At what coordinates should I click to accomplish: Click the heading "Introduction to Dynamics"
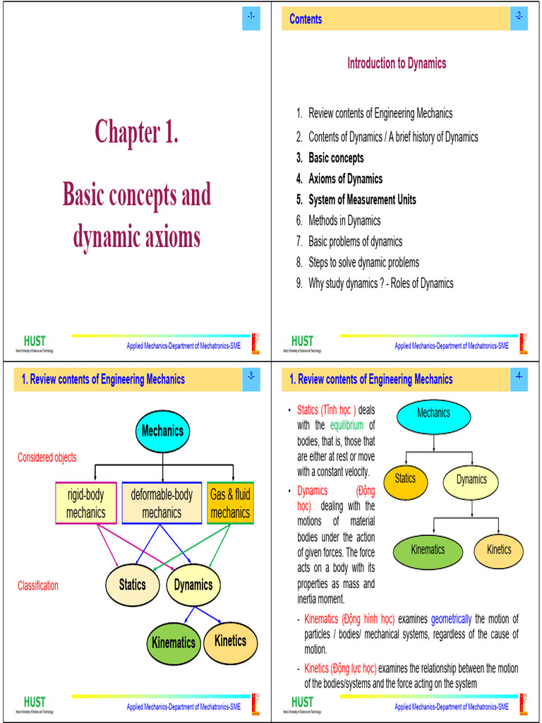(x=396, y=64)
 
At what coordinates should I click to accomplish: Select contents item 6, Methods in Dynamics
(x=344, y=220)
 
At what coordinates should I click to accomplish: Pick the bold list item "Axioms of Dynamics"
(x=345, y=179)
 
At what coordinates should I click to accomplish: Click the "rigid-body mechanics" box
(x=85, y=503)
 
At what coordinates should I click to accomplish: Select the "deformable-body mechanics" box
(x=162, y=503)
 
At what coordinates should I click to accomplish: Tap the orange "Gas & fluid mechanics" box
(x=230, y=503)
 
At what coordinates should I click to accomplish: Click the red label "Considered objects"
(x=47, y=458)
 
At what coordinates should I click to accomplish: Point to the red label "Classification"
(x=38, y=586)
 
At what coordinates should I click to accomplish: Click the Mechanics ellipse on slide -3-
(x=162, y=431)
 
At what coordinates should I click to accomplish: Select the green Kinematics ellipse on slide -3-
(x=173, y=643)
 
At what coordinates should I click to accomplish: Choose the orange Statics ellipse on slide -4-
(x=405, y=479)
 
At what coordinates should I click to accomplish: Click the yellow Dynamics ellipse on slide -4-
(x=471, y=480)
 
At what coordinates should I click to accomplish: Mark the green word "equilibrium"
(x=347, y=425)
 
